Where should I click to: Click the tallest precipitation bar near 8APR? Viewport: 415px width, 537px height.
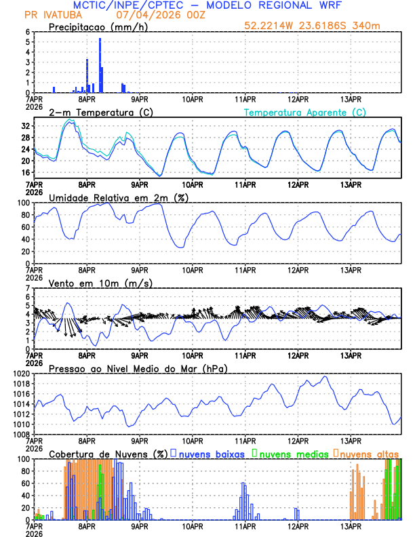[100, 65]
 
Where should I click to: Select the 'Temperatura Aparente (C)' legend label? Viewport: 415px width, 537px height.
[305, 112]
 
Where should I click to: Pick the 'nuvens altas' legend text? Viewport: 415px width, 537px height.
[370, 453]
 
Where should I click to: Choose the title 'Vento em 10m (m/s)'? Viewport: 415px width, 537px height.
[100, 283]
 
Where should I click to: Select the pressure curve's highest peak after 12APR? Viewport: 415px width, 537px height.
[325, 376]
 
